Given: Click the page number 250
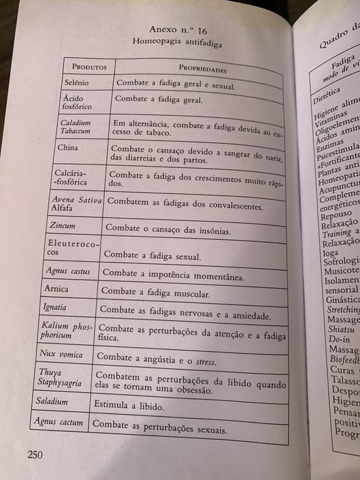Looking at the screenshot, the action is [36, 455].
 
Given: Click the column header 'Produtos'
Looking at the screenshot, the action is [87, 67].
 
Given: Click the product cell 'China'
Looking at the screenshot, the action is [68, 147].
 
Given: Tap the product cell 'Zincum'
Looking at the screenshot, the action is [62, 226].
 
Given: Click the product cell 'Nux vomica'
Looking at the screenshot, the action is [62, 355].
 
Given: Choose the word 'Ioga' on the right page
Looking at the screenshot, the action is [331, 252].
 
